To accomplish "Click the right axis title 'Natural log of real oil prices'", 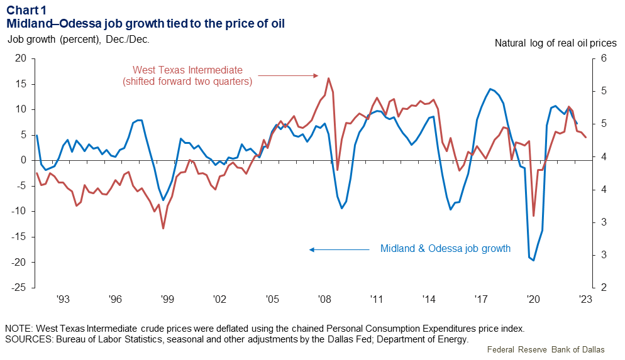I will pos(555,43).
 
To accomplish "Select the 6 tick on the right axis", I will pos(603,58).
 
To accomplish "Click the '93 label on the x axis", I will pos(62,300).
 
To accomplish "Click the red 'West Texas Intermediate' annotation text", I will pos(187,70).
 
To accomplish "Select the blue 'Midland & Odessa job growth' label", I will pos(445,249).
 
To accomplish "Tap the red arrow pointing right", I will pos(289,75).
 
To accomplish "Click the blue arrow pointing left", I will pos(340,249).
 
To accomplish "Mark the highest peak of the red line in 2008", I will pos(328,79).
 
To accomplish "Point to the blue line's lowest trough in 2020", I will pos(533,260).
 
